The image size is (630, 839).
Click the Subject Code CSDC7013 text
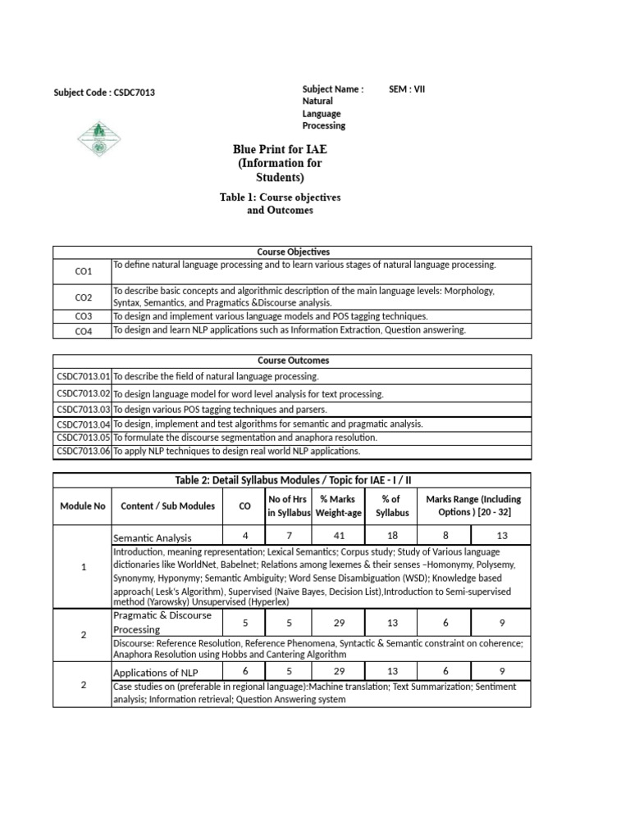(104, 93)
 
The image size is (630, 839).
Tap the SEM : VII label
(407, 88)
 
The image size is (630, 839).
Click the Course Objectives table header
(293, 252)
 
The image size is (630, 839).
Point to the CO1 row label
(84, 270)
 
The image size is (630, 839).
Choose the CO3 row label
(84, 315)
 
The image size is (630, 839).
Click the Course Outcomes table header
(293, 361)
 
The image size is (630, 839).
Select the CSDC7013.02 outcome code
(83, 394)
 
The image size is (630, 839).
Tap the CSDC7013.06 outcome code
(83, 451)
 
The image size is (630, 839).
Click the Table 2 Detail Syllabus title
(293, 479)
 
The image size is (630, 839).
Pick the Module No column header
(83, 506)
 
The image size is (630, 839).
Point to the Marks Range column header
(473, 506)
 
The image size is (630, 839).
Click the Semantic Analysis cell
(153, 537)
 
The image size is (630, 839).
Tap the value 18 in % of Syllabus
(390, 535)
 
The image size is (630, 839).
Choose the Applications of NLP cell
(155, 673)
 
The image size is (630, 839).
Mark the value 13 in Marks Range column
(502, 535)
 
